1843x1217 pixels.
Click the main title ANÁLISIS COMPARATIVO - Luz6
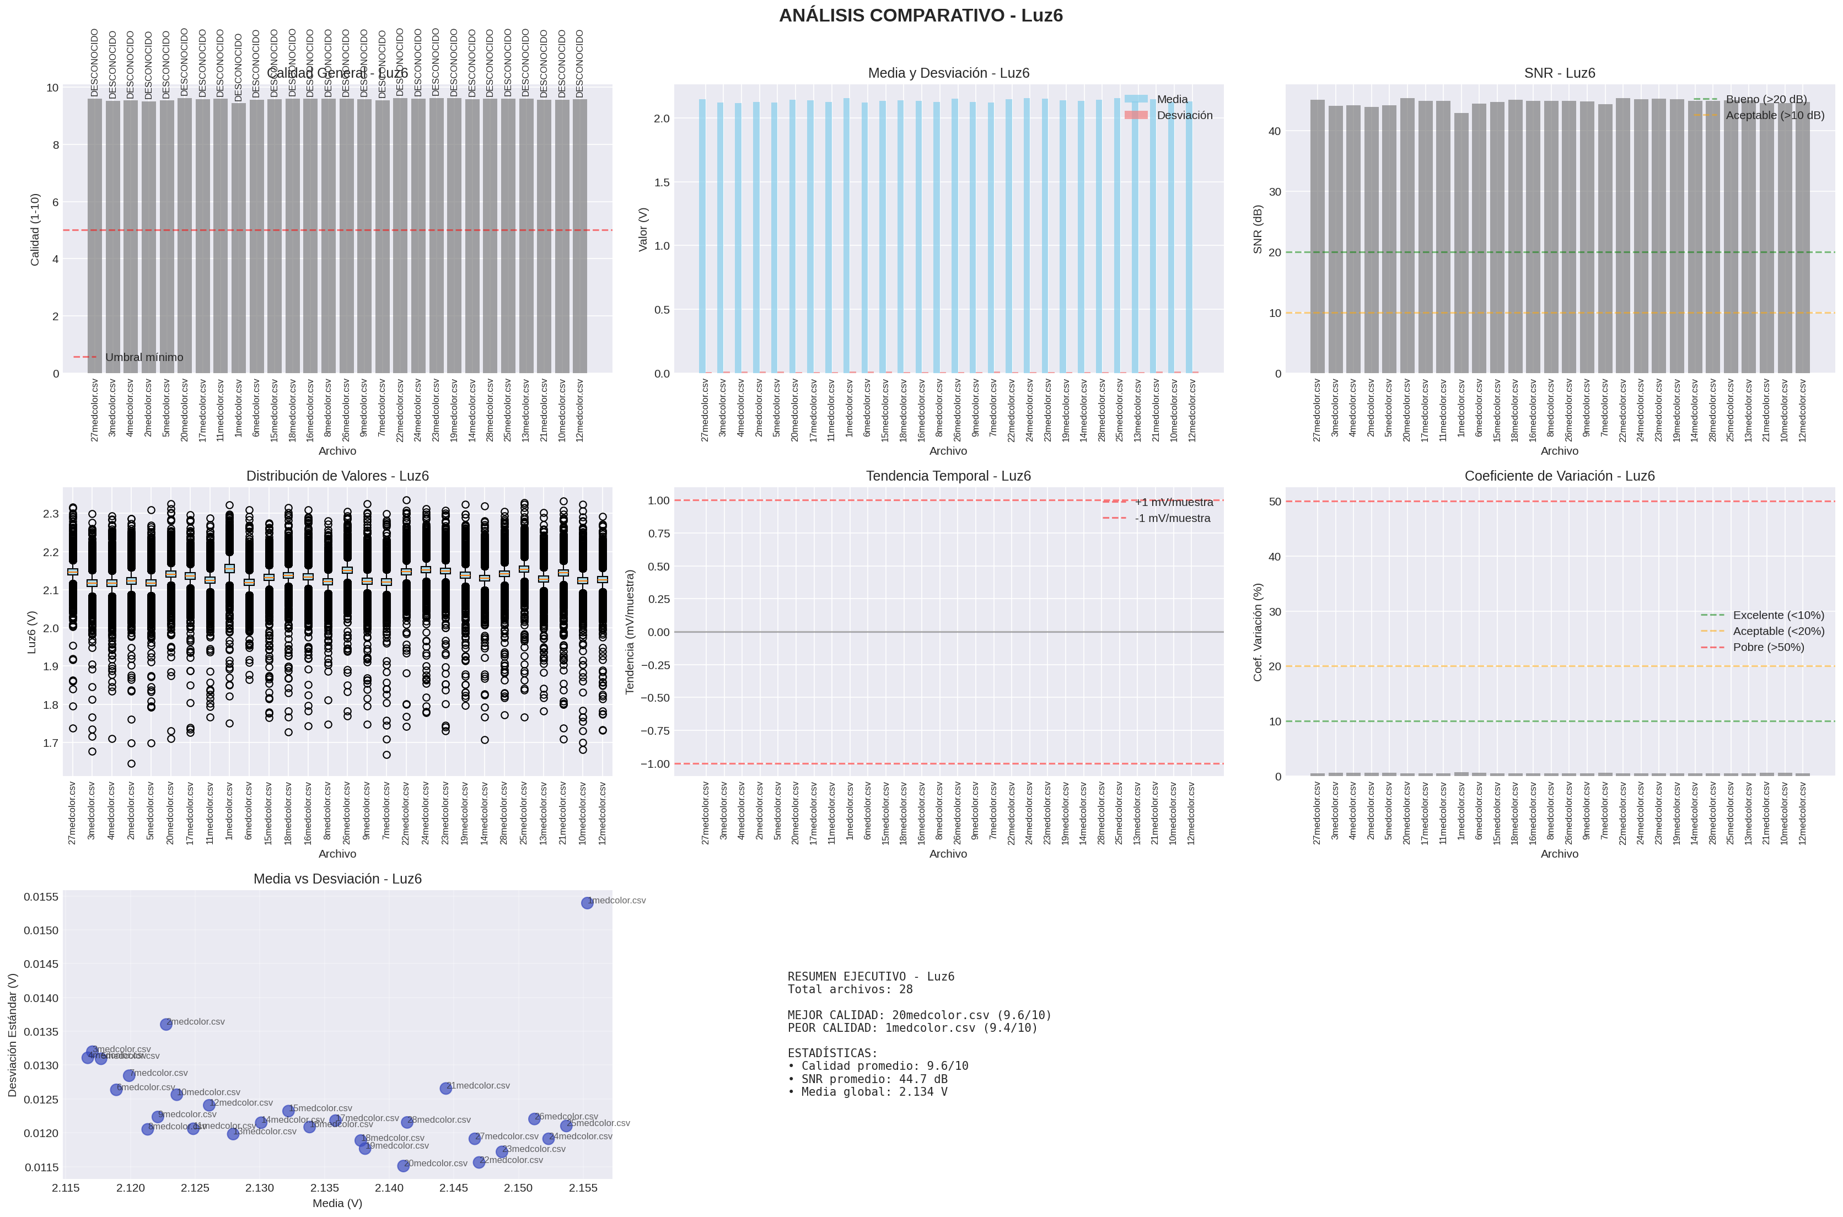[921, 15]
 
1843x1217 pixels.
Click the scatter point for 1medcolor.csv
[587, 903]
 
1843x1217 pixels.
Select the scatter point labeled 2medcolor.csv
[166, 1025]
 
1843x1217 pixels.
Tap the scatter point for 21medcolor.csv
[445, 1088]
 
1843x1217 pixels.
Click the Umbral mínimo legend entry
[144, 357]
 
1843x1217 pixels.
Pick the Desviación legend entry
[1184, 115]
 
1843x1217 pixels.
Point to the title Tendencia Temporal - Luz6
[948, 476]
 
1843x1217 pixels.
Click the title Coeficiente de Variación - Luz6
[1559, 476]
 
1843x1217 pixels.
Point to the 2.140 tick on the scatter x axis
[389, 1187]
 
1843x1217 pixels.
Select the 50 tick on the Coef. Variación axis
[1275, 502]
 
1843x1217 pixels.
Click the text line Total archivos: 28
[850, 989]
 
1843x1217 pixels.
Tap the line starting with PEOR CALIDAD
[912, 1027]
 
